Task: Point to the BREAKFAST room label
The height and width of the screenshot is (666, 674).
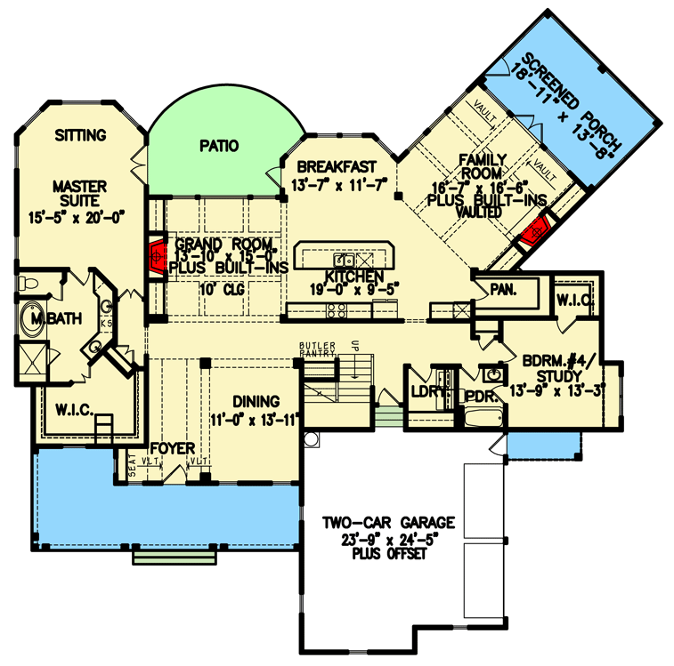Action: point(333,166)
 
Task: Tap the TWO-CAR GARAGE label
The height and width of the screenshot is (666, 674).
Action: point(390,522)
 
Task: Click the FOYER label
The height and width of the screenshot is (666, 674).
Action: point(172,449)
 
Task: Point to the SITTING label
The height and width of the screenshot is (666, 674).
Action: point(80,136)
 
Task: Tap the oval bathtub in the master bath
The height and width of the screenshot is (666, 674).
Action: point(36,323)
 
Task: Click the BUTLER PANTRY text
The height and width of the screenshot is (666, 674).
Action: point(316,349)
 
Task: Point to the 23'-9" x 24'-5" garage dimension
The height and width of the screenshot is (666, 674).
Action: point(390,538)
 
